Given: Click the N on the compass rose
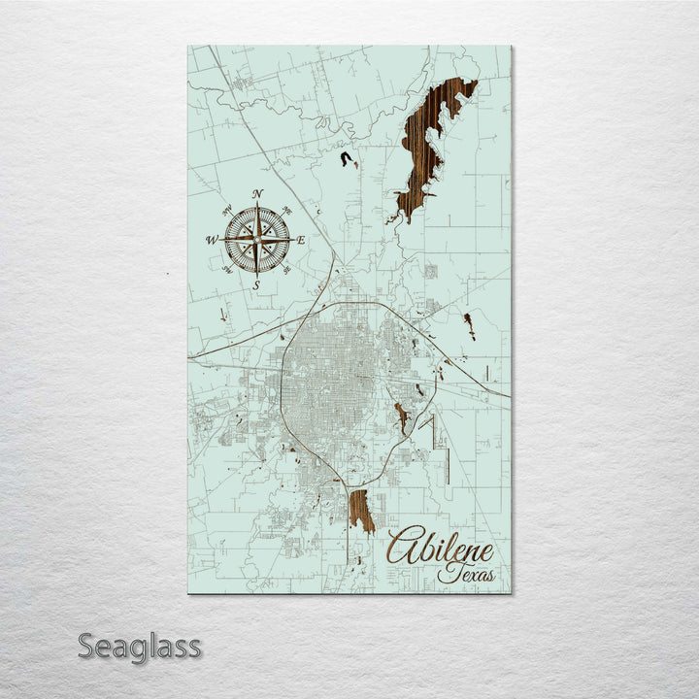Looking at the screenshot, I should pos(257,194).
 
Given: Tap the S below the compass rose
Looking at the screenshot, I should pos(256,285).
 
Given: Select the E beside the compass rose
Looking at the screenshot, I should pos(301,240).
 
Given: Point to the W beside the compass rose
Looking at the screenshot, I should pos(211,240).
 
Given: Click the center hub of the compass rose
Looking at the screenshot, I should pos(257,239).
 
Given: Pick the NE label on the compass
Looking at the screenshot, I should pos(288,209).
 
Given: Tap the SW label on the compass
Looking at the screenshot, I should pos(225,271).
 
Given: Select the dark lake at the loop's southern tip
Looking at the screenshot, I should pos(361,510).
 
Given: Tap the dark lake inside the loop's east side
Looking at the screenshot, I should pos(400,417).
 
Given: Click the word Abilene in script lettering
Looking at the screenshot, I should pos(442,549).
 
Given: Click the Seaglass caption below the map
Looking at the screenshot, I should pos(139,646).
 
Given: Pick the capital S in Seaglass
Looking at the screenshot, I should pos(86,646).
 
